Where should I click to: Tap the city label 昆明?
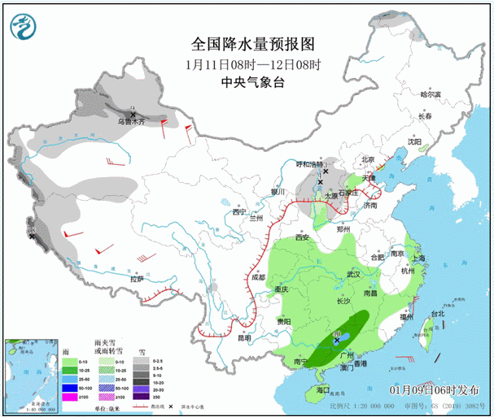pos(234,338)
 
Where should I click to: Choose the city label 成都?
pos(258,277)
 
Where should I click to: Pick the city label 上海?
pos(419,258)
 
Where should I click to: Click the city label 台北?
pos(438,313)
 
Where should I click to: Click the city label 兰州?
pos(256,219)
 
